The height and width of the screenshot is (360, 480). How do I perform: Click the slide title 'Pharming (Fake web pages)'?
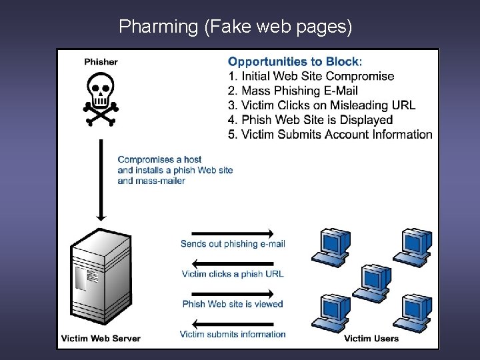(x=235, y=27)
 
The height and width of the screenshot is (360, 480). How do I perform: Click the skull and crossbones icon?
(x=101, y=99)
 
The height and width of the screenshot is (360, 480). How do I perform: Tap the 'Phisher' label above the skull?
(x=101, y=62)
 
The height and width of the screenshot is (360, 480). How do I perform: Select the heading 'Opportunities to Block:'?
(x=295, y=61)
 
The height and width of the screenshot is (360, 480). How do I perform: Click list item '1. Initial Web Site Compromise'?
(x=311, y=76)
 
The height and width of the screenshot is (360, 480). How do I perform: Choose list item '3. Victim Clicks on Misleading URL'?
(x=321, y=105)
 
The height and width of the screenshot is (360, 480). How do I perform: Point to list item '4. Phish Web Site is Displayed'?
(x=310, y=120)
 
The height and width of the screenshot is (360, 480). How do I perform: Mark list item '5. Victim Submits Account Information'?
(x=330, y=134)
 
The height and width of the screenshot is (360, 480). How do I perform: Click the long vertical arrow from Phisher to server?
(x=101, y=179)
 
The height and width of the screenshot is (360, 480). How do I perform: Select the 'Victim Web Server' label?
(x=101, y=338)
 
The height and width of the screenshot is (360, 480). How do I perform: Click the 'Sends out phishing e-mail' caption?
(x=233, y=244)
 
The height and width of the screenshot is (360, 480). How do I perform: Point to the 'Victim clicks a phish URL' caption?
(x=233, y=274)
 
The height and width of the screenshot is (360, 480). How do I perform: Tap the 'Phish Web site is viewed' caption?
(x=233, y=304)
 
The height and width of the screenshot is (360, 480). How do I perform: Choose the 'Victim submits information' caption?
(x=233, y=334)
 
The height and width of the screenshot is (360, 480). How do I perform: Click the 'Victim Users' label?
(x=371, y=338)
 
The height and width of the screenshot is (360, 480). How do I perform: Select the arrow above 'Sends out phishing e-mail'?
(x=227, y=233)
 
